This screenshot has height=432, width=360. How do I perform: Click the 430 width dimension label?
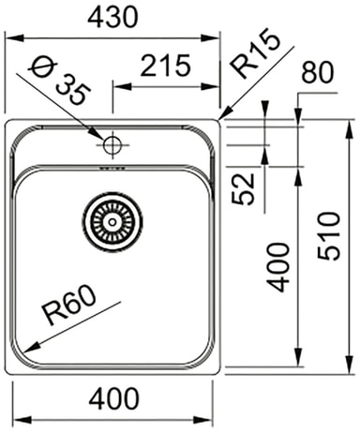(x=112, y=17)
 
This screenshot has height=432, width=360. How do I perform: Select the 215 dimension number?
(x=165, y=66)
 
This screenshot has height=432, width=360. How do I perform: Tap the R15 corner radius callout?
(x=255, y=53)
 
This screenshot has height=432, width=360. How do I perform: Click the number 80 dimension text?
(x=318, y=72)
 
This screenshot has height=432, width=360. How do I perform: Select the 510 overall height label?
(x=328, y=236)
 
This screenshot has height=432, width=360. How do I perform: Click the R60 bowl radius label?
(x=69, y=305)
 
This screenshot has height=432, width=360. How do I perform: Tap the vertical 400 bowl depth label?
(x=277, y=267)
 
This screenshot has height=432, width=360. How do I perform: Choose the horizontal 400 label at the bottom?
(x=113, y=398)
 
